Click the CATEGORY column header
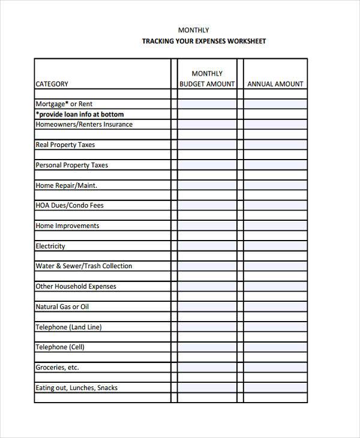52,84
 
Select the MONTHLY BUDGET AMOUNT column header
207,79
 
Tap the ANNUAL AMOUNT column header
275,84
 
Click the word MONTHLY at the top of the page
193,30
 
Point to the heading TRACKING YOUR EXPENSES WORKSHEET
203,41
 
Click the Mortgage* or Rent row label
64,104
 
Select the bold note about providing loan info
80,114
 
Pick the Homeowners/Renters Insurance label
84,124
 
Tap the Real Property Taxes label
65,145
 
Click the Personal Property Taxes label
72,165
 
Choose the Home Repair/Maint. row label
67,185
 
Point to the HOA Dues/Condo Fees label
70,205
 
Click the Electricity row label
50,246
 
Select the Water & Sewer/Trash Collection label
84,266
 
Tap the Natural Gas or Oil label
62,307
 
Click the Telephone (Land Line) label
69,327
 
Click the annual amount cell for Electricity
275,246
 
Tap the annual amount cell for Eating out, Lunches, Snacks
275,388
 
